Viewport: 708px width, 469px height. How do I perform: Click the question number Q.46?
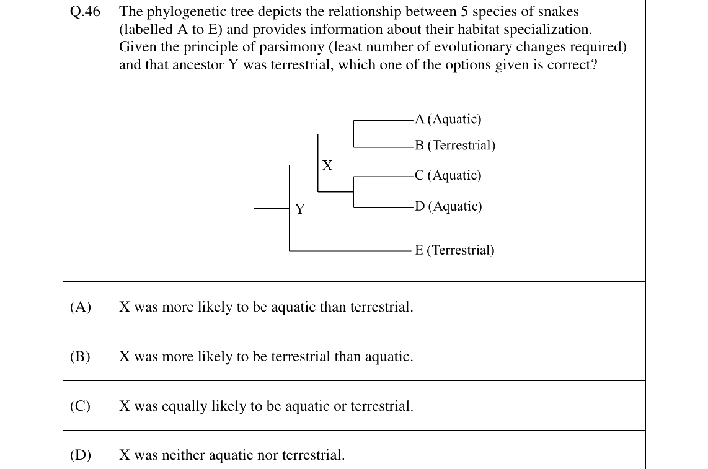[85, 11]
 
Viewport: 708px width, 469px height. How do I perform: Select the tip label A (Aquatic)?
[448, 119]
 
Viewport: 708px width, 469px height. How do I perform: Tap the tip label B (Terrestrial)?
[455, 146]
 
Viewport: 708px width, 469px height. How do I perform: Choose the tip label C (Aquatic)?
[448, 175]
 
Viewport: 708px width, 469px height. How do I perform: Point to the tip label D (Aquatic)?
[448, 206]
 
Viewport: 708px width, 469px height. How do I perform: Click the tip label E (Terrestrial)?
[454, 250]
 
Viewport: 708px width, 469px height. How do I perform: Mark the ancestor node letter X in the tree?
[327, 165]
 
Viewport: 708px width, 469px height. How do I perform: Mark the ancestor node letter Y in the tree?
[300, 209]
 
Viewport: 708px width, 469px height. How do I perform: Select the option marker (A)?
[81, 307]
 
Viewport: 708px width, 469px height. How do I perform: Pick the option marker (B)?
[81, 357]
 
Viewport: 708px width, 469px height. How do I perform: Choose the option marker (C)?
[81, 406]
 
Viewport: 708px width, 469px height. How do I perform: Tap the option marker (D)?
[81, 455]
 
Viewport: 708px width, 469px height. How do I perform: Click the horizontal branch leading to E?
[350, 250]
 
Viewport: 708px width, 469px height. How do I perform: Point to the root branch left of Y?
[272, 209]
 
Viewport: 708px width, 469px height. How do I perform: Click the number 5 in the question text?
[464, 12]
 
